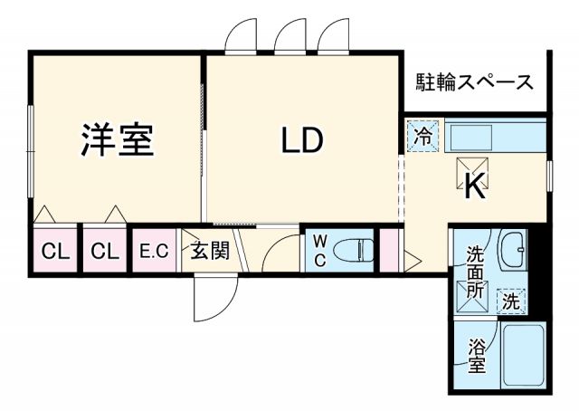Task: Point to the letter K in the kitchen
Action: (x=475, y=187)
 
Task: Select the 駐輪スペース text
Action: (x=474, y=83)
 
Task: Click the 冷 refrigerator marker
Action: (x=422, y=137)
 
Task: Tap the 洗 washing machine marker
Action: (x=511, y=301)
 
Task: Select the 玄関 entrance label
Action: (x=208, y=251)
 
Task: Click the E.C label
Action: (x=154, y=252)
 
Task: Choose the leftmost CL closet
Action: (x=55, y=252)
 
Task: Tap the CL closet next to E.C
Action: (x=104, y=252)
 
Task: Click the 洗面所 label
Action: (x=475, y=272)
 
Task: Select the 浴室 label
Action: (x=477, y=356)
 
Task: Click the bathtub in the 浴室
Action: (x=522, y=357)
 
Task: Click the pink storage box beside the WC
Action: (x=391, y=250)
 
